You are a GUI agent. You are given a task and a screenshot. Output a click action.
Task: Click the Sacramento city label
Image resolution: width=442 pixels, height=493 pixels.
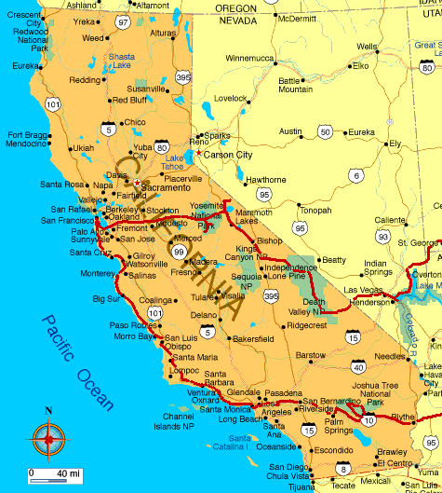pos(167,187)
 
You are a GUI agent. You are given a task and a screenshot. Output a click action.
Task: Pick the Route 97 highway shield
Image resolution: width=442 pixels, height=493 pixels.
pos(123,21)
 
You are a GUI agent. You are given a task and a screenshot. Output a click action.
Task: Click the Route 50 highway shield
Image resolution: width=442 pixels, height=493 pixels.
pos(325,132)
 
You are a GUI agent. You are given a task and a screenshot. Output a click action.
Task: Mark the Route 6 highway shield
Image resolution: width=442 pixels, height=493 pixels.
pos(356,175)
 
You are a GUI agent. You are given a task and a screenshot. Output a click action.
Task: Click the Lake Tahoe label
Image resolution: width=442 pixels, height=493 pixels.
pos(175,162)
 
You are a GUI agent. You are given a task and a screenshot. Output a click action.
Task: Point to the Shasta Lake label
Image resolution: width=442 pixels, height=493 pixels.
pos(122,61)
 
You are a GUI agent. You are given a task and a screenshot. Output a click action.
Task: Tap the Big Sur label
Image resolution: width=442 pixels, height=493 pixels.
pos(106,299)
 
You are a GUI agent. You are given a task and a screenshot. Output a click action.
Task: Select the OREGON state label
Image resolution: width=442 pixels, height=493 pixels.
pos(235,7)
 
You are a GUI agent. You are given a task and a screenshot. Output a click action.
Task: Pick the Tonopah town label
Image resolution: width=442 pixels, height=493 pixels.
pos(315,211)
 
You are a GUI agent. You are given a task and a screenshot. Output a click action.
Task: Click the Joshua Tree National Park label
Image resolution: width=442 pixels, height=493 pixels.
pos(376,394)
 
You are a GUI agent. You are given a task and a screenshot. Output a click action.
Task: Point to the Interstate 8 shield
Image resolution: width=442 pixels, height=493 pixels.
pos(343,469)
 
